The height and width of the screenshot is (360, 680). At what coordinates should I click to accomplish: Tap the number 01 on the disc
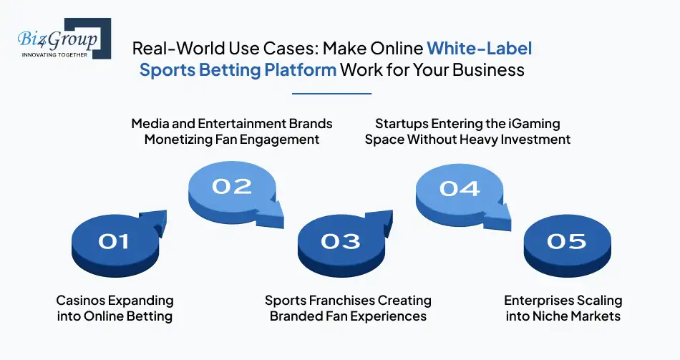pos(114,241)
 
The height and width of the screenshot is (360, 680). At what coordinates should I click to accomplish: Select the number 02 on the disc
pos(232,186)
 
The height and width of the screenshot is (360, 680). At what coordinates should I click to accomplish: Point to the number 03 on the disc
pos(341,241)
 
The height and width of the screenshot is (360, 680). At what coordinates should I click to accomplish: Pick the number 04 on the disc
pos(460,188)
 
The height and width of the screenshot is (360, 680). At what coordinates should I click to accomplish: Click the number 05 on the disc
pos(566,241)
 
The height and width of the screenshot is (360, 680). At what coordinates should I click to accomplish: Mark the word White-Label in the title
pos(480,49)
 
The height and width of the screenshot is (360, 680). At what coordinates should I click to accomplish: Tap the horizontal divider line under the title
pos(332,93)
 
